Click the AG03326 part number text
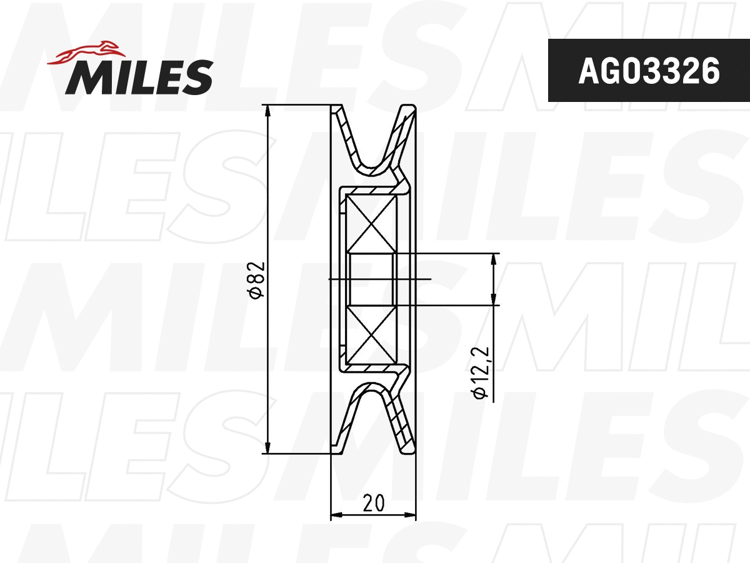tap(649, 71)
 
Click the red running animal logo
tap(84, 53)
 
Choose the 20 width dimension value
tap(373, 502)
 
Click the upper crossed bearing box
tap(371, 223)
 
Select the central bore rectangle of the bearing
tap(371, 279)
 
